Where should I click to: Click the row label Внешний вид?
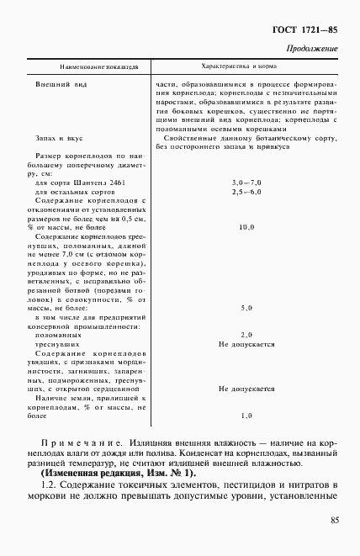coord(60,85)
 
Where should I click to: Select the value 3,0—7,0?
coord(246,183)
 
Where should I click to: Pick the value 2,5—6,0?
coord(246,193)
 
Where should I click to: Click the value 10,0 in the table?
coord(246,227)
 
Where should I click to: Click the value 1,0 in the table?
coord(246,416)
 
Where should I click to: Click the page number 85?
coord(335,544)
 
